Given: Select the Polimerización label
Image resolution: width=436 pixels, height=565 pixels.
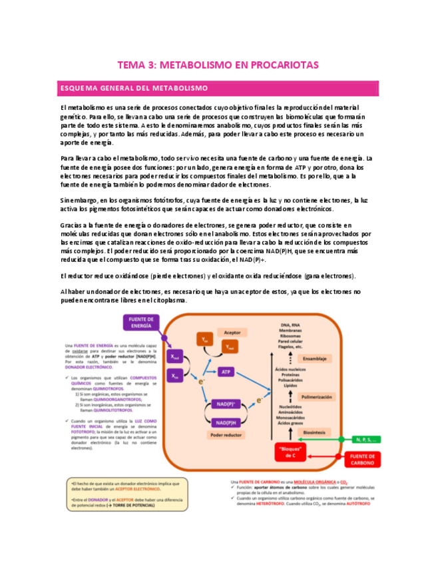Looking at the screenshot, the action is pyautogui.click(x=316, y=396).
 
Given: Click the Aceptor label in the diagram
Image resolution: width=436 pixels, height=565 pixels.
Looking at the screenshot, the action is pyautogui.click(x=232, y=331).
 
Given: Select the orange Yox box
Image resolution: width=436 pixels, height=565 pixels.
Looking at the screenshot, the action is pyautogui.click(x=204, y=340).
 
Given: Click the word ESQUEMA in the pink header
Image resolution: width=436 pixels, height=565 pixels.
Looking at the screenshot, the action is pyautogui.click(x=79, y=88).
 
